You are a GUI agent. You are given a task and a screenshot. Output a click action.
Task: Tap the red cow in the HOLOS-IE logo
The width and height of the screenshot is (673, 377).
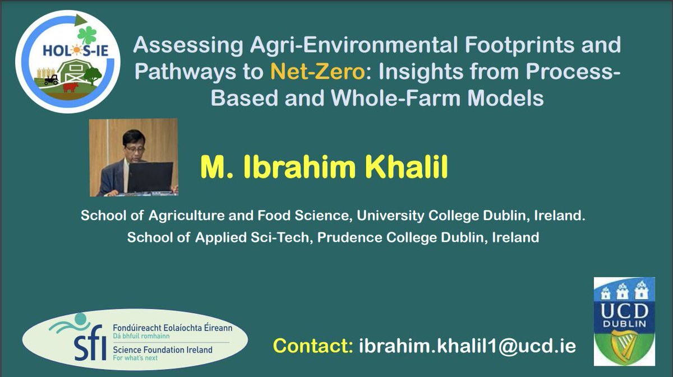[71, 87]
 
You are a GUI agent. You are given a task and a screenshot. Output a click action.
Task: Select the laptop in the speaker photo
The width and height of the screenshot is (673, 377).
[150, 176]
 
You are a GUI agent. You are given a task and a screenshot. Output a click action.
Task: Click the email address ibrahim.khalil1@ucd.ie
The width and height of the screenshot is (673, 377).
[466, 346]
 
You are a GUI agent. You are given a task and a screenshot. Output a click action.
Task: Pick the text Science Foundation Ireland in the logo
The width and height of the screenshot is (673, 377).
[163, 350]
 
